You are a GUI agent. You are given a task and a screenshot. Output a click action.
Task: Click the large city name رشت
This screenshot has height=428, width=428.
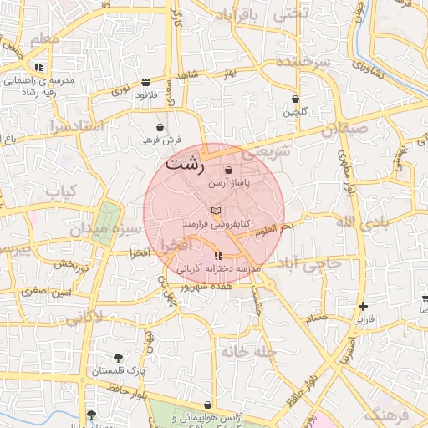click(x=184, y=164)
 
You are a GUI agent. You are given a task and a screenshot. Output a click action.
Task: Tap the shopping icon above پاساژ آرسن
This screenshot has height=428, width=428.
click(x=228, y=171)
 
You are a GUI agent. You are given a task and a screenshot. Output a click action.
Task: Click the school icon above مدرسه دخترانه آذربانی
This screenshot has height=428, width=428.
click(x=218, y=256)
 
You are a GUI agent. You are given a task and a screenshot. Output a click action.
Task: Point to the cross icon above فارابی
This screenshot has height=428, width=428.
click(x=362, y=307)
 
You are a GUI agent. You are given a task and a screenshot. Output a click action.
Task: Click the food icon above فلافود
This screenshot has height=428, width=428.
click(x=146, y=83)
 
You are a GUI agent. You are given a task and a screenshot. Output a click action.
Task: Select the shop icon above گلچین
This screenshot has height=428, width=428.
click(x=295, y=99)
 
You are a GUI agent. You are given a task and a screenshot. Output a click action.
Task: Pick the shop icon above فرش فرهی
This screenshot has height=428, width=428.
click(x=159, y=128)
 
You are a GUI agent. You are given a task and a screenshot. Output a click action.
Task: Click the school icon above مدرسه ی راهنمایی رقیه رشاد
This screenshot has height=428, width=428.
click(x=38, y=67)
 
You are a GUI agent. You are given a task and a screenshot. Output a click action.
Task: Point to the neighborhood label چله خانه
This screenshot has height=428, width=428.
click(x=248, y=352)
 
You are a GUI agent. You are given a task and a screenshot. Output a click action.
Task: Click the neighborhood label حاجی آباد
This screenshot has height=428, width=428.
click(x=312, y=263)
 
